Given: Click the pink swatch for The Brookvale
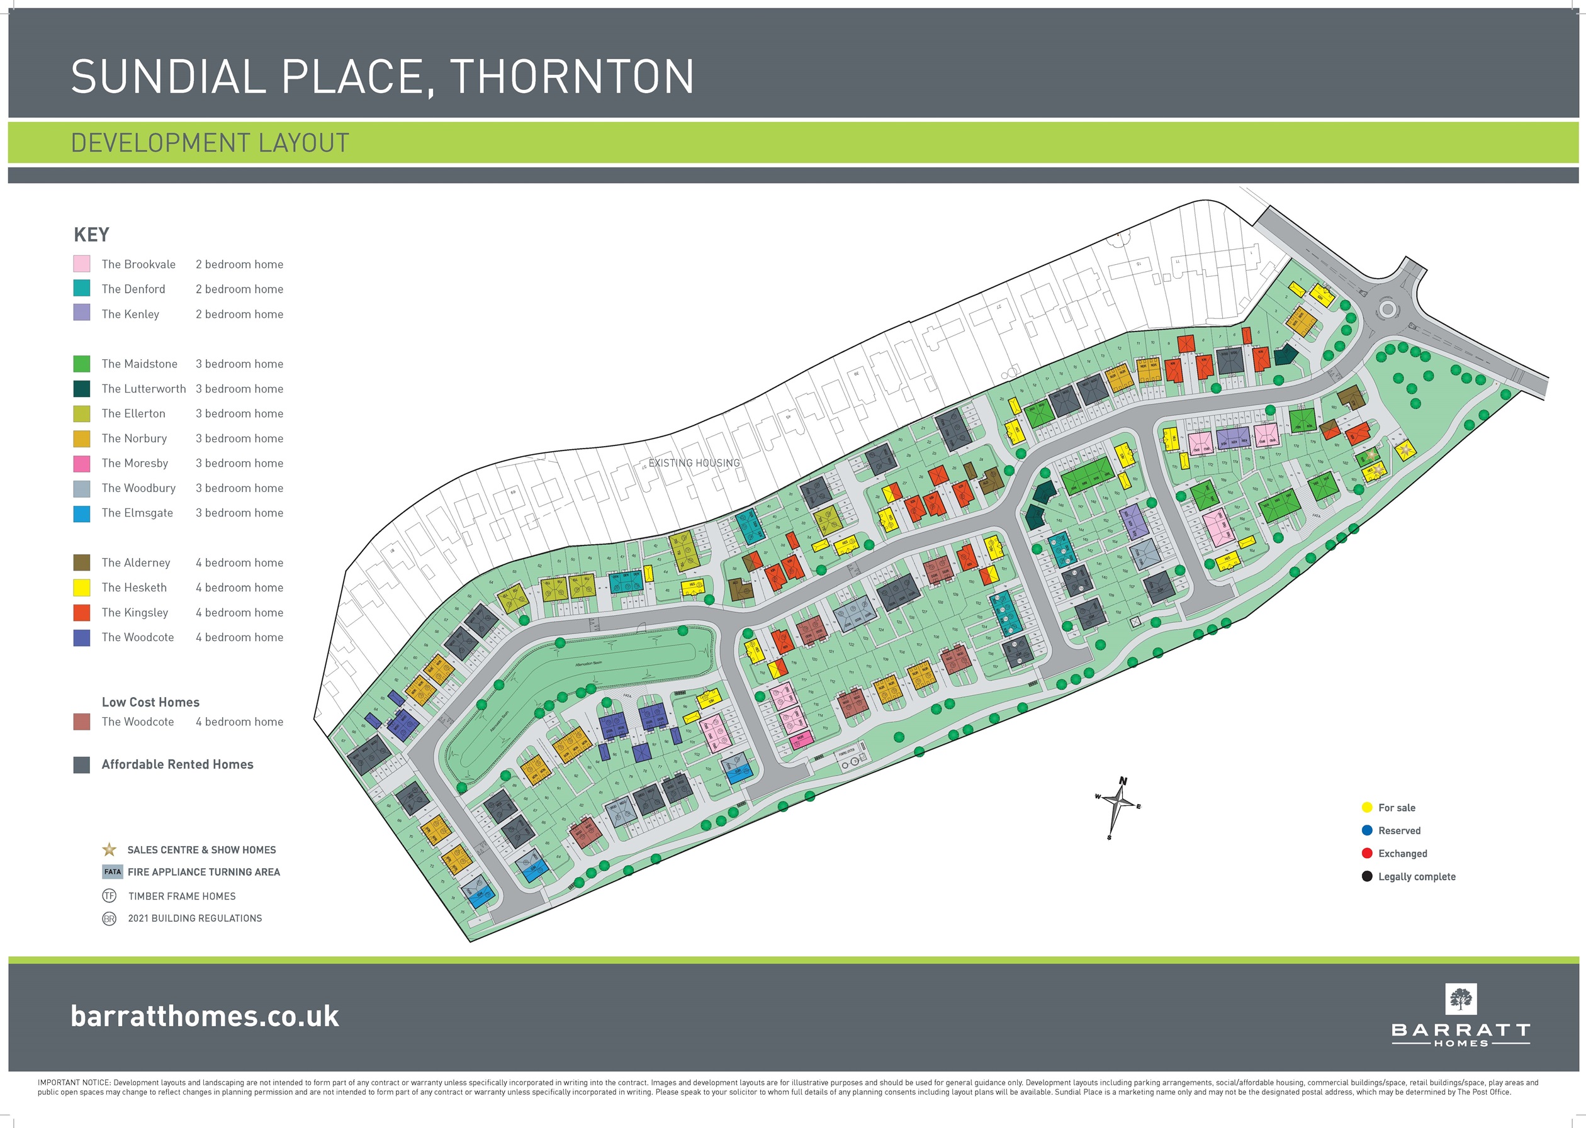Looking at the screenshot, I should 81,264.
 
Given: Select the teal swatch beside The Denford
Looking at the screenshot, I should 81,288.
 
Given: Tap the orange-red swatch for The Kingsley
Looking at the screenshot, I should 81,612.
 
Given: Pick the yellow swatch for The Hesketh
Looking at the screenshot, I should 81,588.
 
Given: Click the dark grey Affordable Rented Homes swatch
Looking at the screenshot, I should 81,765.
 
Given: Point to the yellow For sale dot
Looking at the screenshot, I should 1366,807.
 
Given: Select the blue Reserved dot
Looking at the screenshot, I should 1366,830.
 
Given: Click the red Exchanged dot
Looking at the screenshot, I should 1366,853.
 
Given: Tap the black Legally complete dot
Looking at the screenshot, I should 1366,876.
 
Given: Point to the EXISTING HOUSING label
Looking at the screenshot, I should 694,462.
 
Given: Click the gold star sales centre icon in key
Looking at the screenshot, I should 109,849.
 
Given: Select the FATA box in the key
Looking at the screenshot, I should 112,872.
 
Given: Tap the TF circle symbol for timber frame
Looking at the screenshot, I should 109,896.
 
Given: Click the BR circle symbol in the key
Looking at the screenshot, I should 109,919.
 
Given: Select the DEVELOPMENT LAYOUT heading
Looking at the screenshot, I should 210,143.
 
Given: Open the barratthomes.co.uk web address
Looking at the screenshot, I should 205,1016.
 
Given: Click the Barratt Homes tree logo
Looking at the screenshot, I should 1460,1000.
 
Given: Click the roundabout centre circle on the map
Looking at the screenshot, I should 1387,308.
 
